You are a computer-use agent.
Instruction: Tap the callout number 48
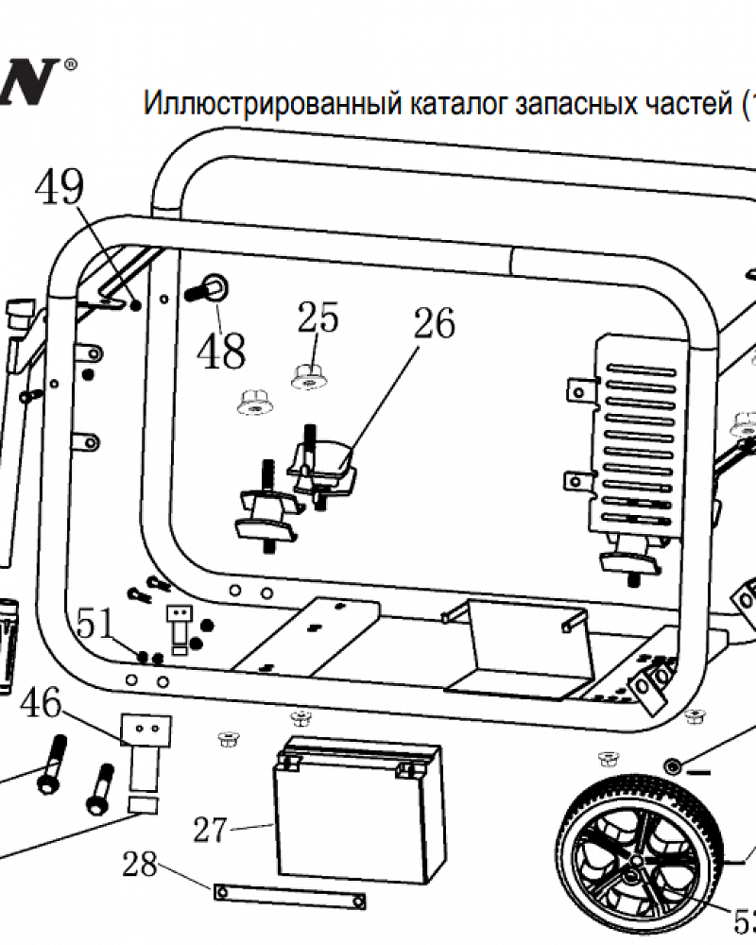click(221, 352)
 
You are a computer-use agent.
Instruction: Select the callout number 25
click(318, 318)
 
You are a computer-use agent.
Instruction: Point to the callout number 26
click(434, 323)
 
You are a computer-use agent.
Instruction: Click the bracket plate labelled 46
click(146, 730)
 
